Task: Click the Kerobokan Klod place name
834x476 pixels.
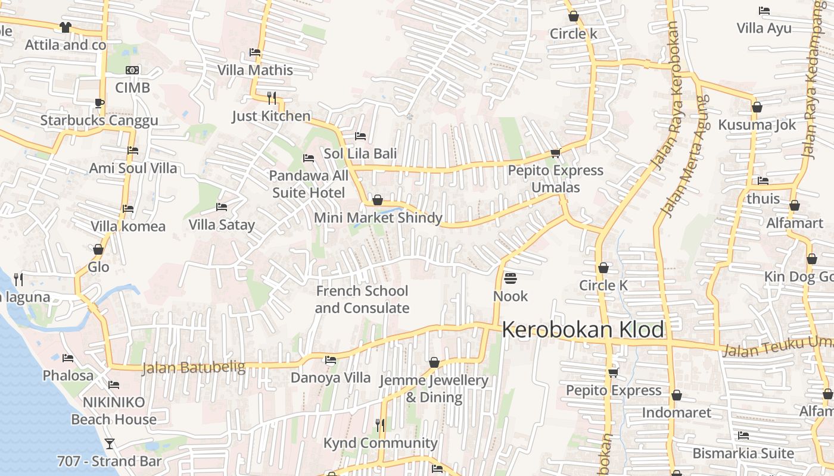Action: coord(583,330)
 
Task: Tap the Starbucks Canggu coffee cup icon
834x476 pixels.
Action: coord(99,103)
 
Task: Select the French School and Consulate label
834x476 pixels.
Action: coord(362,299)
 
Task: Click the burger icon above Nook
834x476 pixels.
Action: coord(511,278)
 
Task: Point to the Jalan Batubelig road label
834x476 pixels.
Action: coord(194,367)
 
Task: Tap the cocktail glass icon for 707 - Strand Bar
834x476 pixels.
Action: coord(109,443)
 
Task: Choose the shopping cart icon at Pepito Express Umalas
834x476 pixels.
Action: coord(555,153)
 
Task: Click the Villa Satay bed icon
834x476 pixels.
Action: coord(222,207)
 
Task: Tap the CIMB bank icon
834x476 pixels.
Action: coord(132,70)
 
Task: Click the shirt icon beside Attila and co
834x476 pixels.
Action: coord(66,27)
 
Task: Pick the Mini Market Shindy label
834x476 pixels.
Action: coord(378,218)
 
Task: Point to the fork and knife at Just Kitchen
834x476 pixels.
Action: coord(272,98)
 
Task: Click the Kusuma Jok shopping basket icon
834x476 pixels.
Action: coord(757,107)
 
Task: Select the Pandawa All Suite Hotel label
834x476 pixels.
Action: coord(309,184)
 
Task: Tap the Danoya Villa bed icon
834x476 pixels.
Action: coord(331,360)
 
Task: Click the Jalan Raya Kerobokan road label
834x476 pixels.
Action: coord(666,95)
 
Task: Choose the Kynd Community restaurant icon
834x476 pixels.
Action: coord(379,425)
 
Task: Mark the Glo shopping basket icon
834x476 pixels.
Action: coord(98,249)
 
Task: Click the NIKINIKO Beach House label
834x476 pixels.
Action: coord(114,411)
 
